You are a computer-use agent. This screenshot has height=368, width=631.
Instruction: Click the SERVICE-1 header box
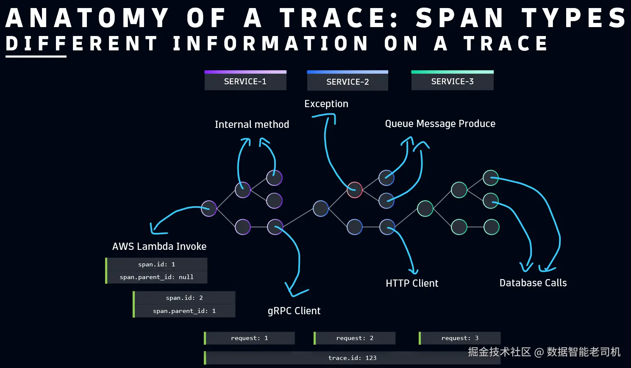[x=245, y=80]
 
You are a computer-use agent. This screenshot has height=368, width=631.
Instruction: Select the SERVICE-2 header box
[x=347, y=80]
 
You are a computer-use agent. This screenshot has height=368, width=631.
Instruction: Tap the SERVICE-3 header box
[x=453, y=80]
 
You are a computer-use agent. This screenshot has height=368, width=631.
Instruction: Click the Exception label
[x=326, y=104]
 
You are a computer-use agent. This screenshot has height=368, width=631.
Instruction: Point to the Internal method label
[x=252, y=124]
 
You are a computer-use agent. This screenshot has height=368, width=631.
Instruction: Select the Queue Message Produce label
[x=440, y=124]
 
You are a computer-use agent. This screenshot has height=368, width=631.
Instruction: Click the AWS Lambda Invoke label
[x=159, y=246]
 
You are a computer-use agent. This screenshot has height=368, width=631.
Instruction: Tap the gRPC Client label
[x=294, y=311]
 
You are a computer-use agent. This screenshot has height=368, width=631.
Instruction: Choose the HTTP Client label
[x=412, y=283]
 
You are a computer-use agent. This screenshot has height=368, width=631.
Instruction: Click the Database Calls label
[x=533, y=283]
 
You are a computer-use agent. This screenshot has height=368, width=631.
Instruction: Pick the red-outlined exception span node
[x=355, y=189]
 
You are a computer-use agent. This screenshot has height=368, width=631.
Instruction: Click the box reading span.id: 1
[x=156, y=264]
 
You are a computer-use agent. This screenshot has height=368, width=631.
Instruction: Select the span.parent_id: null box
[x=156, y=277]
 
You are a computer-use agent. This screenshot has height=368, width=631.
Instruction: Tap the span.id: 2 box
[x=184, y=298]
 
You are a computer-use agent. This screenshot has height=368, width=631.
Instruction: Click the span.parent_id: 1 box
[x=184, y=311]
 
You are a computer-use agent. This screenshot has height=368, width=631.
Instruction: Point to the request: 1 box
[x=249, y=338]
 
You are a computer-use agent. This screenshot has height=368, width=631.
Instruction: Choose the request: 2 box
[x=355, y=338]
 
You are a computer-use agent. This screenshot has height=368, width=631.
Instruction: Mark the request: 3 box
[x=460, y=338]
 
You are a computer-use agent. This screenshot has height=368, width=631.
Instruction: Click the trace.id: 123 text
[x=352, y=358]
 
